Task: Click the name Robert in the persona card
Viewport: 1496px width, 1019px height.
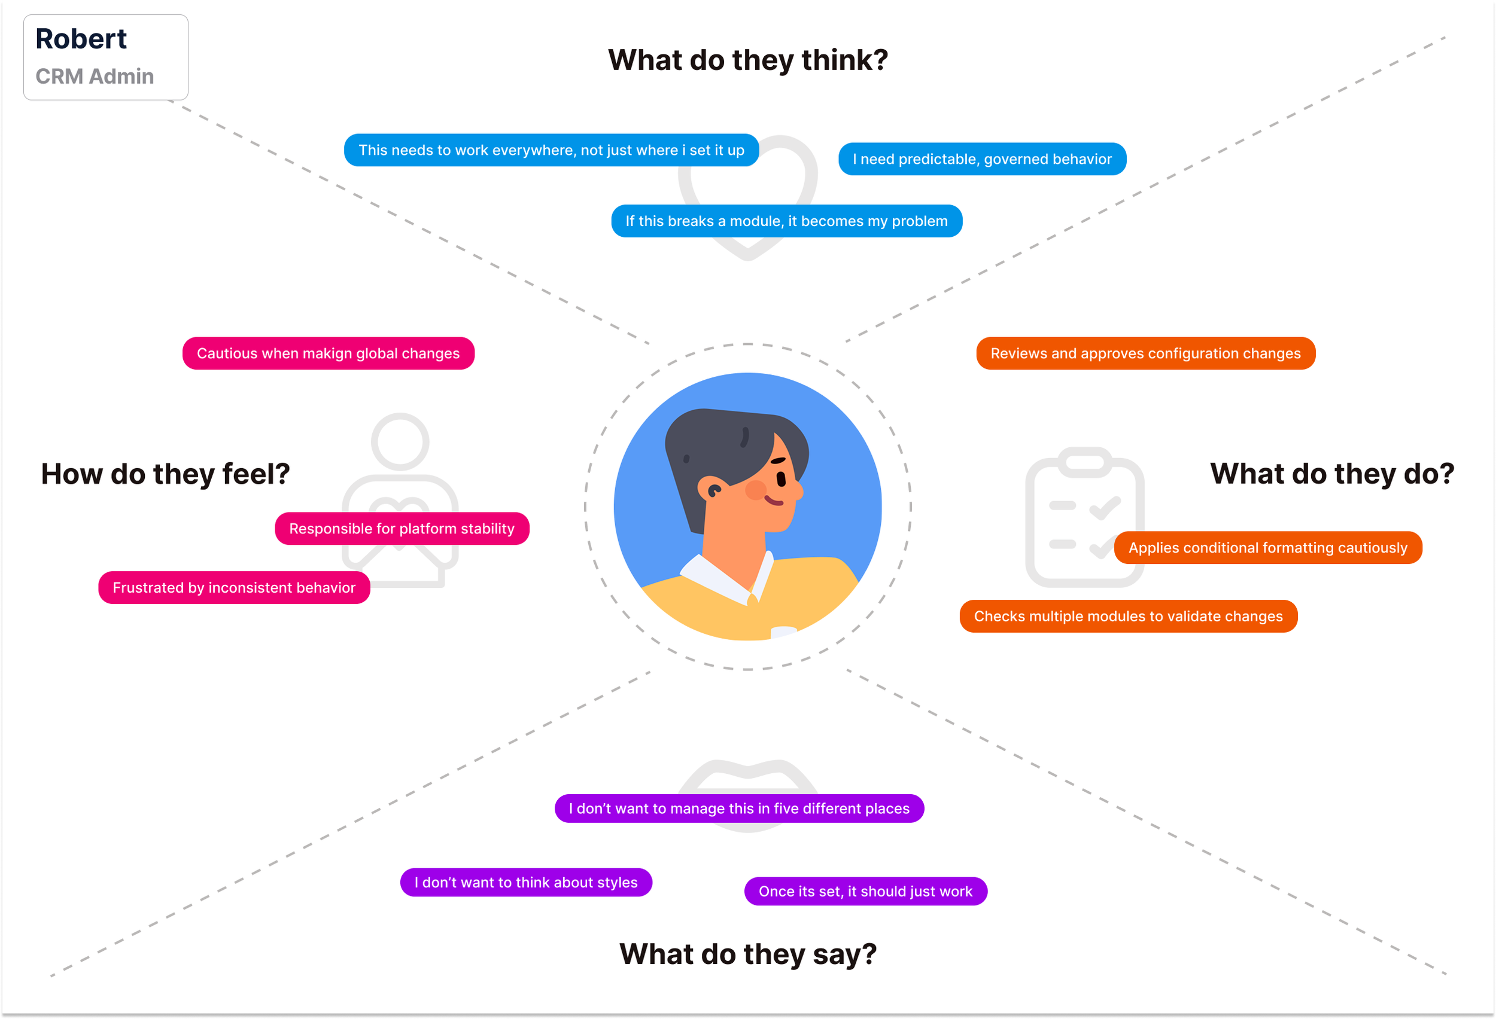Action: pos(81,39)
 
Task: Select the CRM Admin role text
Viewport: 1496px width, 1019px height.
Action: pos(95,77)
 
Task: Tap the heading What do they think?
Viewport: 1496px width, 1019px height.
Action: pos(748,60)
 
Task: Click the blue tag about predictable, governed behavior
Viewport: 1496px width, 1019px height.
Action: pos(981,159)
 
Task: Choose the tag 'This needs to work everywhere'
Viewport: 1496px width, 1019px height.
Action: pos(551,151)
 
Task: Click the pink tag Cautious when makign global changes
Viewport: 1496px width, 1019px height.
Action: pos(329,353)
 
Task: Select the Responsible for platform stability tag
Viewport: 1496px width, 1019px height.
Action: pos(402,529)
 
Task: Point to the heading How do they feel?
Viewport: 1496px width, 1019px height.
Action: pos(165,474)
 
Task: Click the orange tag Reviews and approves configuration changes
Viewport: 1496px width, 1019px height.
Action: pos(1145,353)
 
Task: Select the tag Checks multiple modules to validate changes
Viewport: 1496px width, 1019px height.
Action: pos(1128,617)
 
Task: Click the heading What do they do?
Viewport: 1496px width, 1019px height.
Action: pos(1332,474)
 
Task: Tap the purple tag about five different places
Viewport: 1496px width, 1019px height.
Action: pos(739,809)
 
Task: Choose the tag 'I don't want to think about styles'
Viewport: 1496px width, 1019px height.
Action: pos(526,883)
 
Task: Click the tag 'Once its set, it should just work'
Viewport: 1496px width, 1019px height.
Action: pos(865,892)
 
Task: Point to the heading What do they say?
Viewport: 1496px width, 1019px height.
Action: pos(748,954)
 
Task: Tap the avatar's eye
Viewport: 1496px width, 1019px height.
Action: pos(782,479)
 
